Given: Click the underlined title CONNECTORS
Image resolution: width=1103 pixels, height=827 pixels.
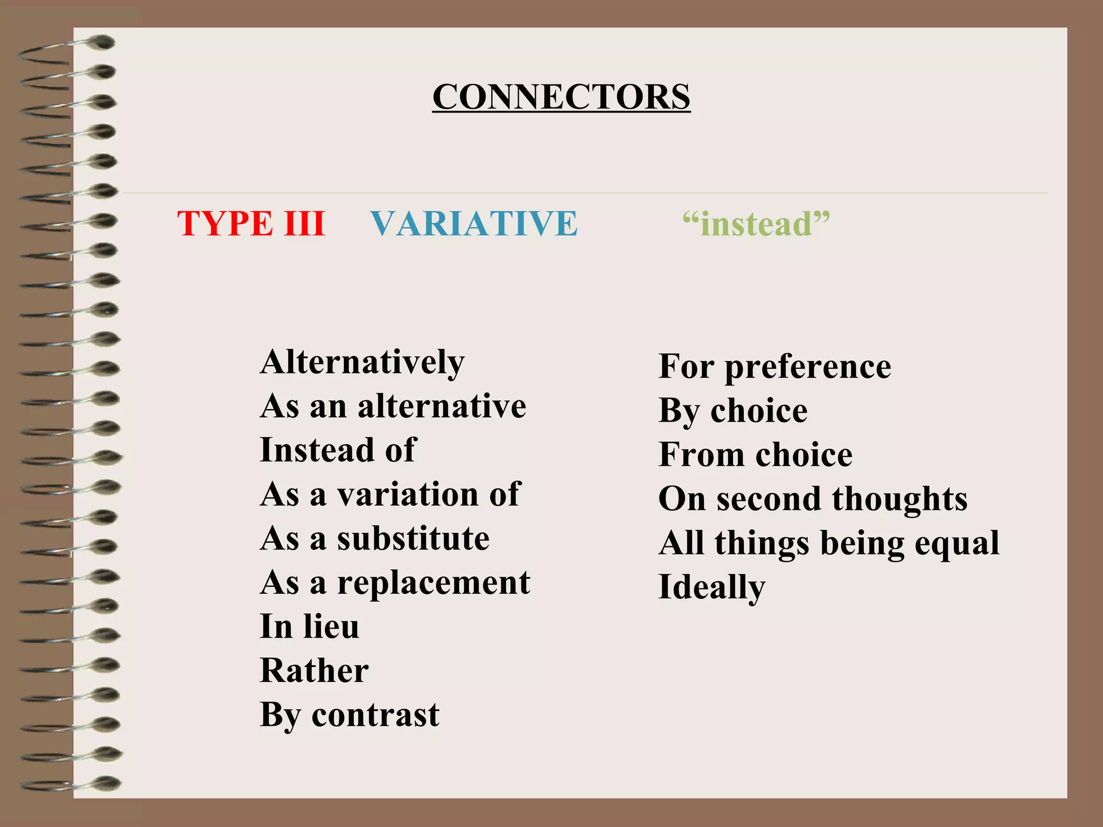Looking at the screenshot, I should pyautogui.click(x=561, y=97).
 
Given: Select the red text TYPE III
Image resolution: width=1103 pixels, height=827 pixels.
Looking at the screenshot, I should pyautogui.click(x=251, y=223).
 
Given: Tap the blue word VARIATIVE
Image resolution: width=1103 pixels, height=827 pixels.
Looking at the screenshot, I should pyautogui.click(x=474, y=223).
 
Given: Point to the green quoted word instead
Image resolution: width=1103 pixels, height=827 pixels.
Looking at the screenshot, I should pyautogui.click(x=756, y=223).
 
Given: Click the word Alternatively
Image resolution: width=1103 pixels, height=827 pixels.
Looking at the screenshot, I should pyautogui.click(x=362, y=362).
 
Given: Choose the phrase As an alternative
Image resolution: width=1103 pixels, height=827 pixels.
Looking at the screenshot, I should pyautogui.click(x=393, y=406).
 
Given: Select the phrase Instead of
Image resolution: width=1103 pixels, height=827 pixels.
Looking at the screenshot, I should pyautogui.click(x=338, y=450).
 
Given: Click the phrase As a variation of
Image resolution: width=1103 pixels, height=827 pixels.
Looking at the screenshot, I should pyautogui.click(x=390, y=494).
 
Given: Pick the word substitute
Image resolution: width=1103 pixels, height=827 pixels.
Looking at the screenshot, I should pyautogui.click(x=413, y=538).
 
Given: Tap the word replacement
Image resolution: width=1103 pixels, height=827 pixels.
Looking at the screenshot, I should pyautogui.click(x=434, y=583).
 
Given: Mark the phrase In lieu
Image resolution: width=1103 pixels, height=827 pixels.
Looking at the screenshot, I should pyautogui.click(x=309, y=627).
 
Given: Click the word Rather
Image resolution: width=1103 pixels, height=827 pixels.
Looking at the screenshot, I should pyautogui.click(x=315, y=671).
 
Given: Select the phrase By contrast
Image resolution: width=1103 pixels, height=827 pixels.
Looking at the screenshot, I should pyautogui.click(x=350, y=715).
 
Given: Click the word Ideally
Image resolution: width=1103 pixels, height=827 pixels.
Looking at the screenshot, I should pyautogui.click(x=711, y=587).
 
